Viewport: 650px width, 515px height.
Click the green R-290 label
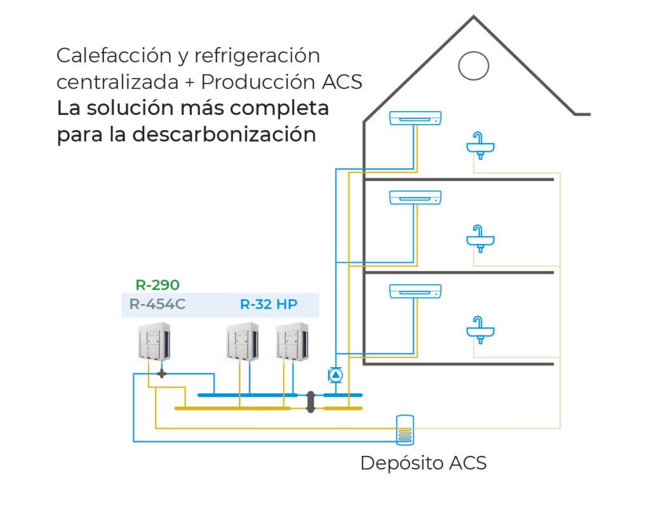point(157,285)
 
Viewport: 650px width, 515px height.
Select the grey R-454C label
point(157,304)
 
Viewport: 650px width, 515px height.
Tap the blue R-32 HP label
point(269,304)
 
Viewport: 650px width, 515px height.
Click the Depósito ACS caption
point(423,463)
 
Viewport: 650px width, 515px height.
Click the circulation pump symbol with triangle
point(335,375)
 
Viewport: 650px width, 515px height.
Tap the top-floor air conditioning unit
point(415,118)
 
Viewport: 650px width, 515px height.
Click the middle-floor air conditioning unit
point(415,197)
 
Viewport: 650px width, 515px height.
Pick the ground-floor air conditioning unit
point(415,291)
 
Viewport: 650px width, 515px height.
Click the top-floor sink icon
point(481,145)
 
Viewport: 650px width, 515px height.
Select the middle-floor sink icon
point(481,237)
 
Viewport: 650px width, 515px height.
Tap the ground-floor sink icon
point(481,328)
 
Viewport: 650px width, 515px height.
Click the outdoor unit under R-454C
point(155,342)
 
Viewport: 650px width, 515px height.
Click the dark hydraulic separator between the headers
point(311,401)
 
